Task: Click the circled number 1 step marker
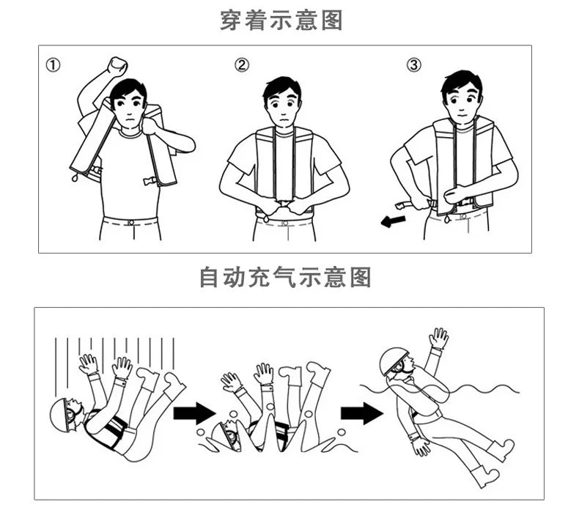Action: tap(53, 65)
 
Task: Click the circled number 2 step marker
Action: tap(242, 65)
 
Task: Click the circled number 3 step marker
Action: tap(413, 65)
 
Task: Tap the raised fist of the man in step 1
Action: tap(117, 67)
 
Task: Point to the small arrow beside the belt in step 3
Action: tap(393, 221)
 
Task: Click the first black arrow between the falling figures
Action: tap(194, 413)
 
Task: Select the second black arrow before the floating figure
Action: tap(362, 413)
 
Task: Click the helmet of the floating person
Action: tap(394, 360)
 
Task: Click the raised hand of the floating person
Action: tap(438, 338)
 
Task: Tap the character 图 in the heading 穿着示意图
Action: tap(331, 21)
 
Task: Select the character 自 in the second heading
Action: tap(210, 277)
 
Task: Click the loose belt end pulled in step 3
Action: tap(405, 204)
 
